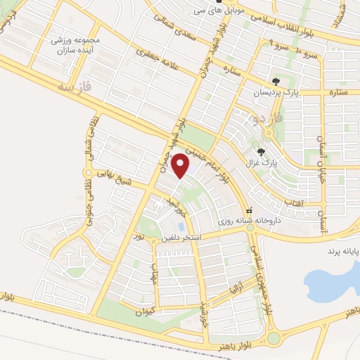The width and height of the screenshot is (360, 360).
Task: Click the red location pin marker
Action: (182, 166)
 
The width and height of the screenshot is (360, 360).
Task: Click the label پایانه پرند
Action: (343, 250)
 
